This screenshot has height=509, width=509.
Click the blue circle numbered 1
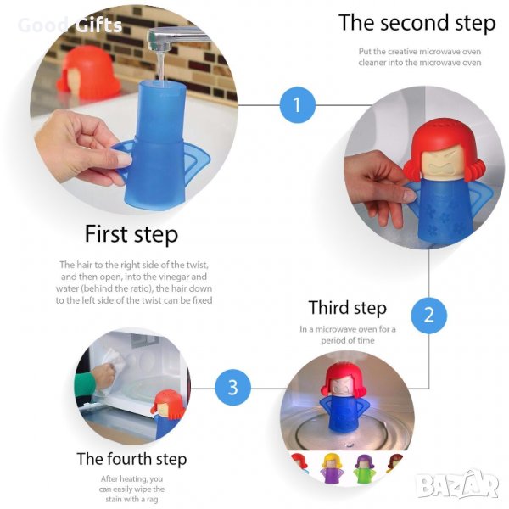pyautogui.click(x=298, y=105)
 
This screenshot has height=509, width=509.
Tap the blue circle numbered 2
pyautogui.click(x=428, y=315)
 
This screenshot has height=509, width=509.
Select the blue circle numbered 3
pyautogui.click(x=232, y=388)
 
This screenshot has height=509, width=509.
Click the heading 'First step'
pyautogui.click(x=131, y=234)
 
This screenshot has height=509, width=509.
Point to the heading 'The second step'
pyautogui.click(x=417, y=23)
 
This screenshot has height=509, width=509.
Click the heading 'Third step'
pyautogui.click(x=348, y=308)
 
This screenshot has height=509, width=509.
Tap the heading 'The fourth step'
pyautogui.click(x=131, y=459)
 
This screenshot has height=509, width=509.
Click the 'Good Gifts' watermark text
pyautogui.click(x=70, y=25)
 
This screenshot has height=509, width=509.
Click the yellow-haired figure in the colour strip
pyautogui.click(x=330, y=468)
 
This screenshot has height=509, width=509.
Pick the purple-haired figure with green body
pyautogui.click(x=365, y=468)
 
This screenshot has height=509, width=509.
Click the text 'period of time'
pyautogui.click(x=348, y=340)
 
